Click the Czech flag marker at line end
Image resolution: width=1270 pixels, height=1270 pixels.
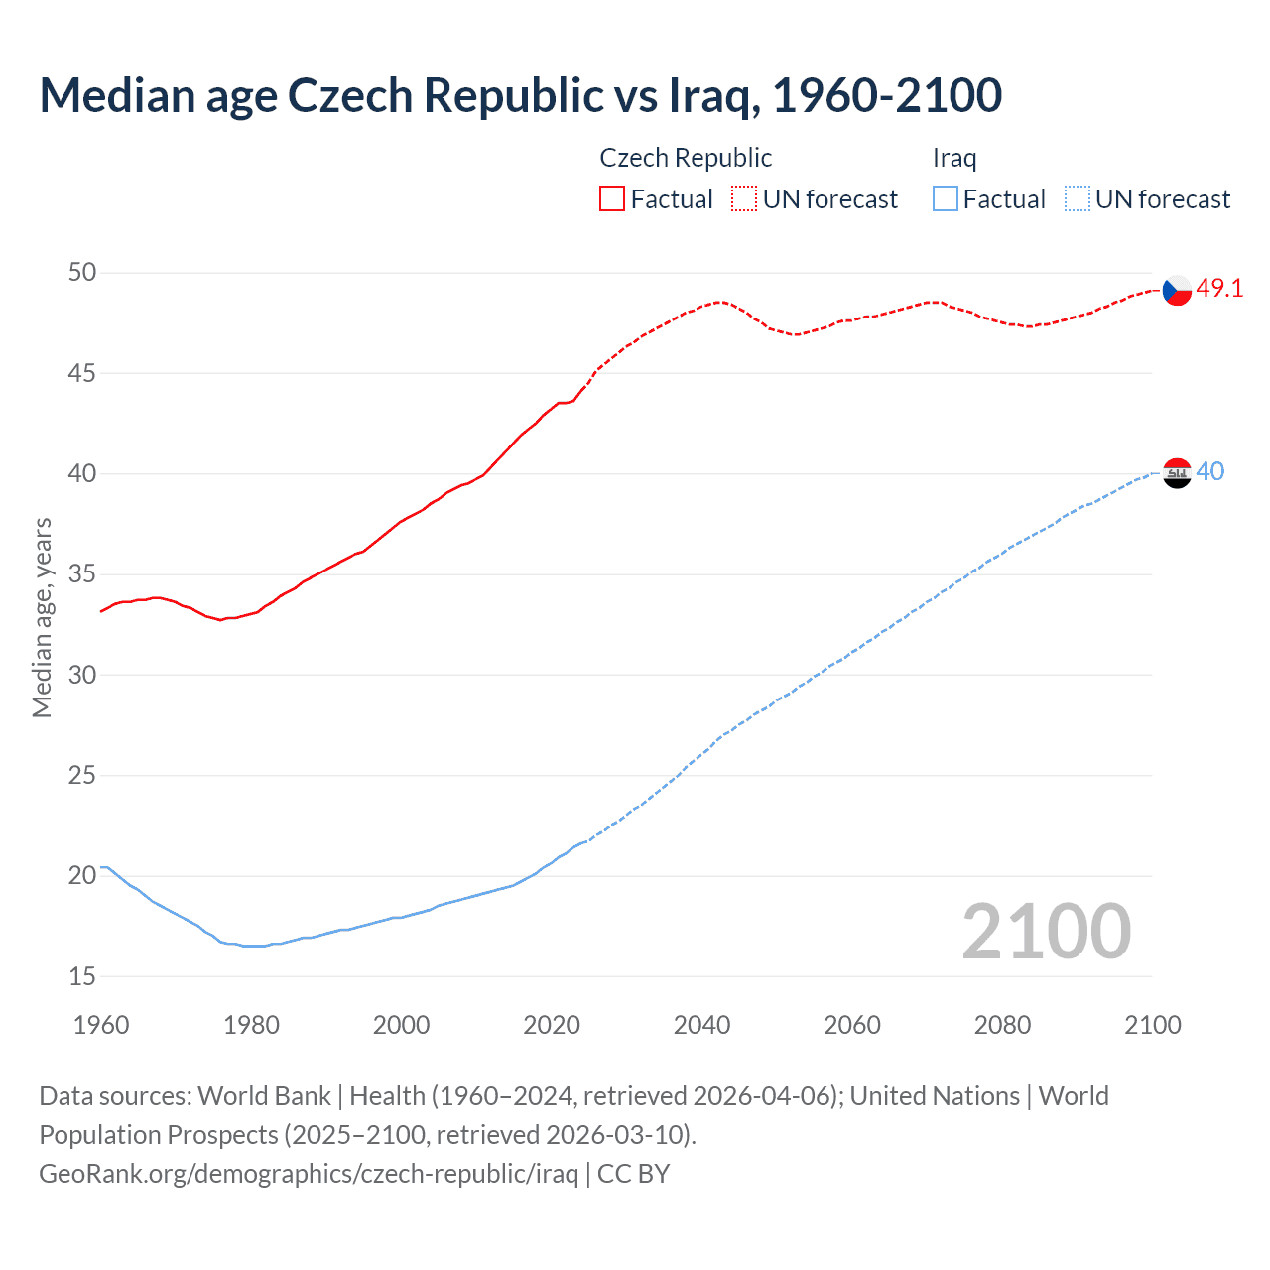click(1177, 290)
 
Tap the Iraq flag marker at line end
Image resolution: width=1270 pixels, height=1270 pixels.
click(1177, 473)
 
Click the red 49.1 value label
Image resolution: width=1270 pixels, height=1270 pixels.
click(1219, 289)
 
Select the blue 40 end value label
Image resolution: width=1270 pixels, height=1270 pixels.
click(1210, 471)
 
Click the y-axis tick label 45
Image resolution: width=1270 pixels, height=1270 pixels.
click(82, 373)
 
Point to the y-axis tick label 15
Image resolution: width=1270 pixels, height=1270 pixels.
click(82, 976)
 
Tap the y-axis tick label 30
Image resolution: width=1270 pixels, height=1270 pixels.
click(82, 675)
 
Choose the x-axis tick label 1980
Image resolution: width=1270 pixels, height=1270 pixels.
click(251, 1025)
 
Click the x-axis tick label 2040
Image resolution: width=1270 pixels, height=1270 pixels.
click(701, 1025)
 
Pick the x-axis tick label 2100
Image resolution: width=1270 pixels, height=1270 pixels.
click(1152, 1025)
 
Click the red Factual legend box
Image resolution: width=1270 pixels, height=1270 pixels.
click(612, 199)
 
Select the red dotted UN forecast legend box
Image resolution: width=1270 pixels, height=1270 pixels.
click(744, 199)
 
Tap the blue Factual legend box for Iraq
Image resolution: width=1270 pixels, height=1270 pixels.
click(946, 199)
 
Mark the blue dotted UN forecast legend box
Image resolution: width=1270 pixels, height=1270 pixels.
click(1077, 199)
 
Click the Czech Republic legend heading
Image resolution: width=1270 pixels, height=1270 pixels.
click(686, 158)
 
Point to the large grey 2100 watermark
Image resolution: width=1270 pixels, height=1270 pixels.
click(1046, 931)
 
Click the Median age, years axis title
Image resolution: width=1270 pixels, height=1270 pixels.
click(42, 617)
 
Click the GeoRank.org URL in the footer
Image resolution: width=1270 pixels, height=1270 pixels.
click(309, 1173)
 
